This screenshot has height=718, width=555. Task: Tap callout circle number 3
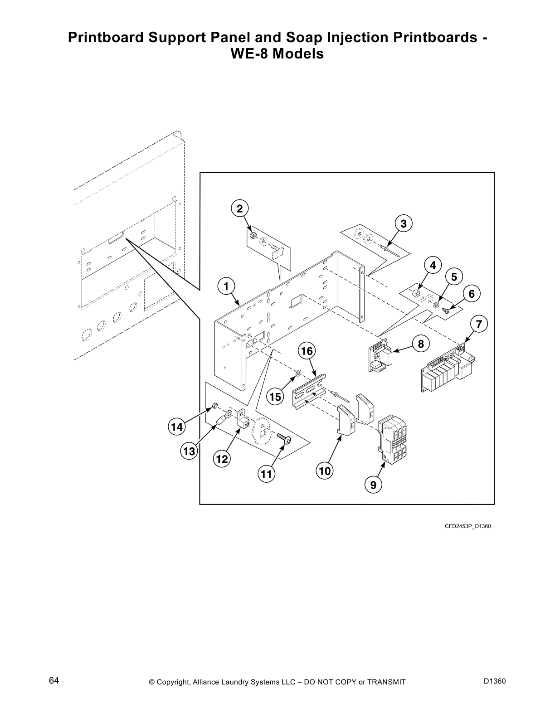pos(404,223)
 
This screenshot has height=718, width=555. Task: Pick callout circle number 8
pos(421,344)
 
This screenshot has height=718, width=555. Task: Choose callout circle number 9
pos(373,485)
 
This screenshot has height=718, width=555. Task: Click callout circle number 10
pos(325,471)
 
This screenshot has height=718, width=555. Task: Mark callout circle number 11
pos(266,475)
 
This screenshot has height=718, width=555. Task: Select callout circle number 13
pos(189,451)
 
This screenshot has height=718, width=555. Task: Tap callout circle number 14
pos(177,427)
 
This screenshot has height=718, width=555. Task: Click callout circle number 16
pos(307,351)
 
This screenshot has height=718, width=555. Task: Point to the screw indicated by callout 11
pos(284,438)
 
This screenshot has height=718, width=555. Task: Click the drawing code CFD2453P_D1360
pos(467,526)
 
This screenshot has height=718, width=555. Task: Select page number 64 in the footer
pos(54,681)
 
